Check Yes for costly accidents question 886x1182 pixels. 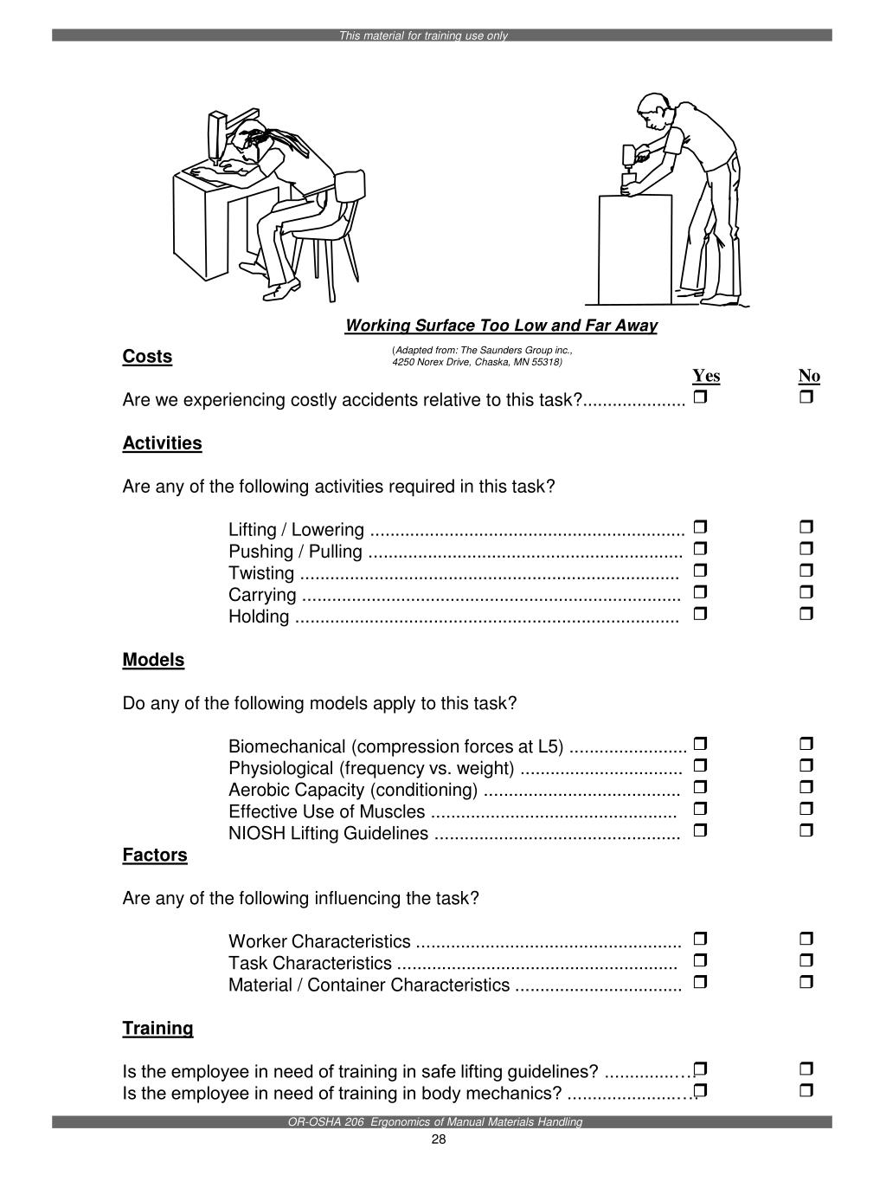click(x=701, y=397)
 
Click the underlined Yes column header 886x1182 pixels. click(x=706, y=376)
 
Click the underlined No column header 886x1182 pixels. click(x=809, y=376)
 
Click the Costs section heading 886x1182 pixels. click(x=147, y=357)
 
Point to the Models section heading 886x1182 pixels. click(x=153, y=660)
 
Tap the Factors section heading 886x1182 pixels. click(x=155, y=855)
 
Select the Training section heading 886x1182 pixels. click(x=157, y=1028)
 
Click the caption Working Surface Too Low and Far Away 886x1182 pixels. click(x=501, y=326)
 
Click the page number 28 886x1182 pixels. click(x=438, y=1140)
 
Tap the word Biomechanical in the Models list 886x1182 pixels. click(x=287, y=746)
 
